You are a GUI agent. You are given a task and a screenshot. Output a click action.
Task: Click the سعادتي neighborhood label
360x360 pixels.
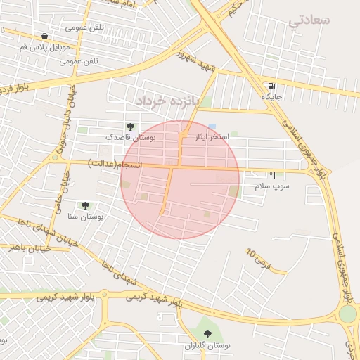point(309,21)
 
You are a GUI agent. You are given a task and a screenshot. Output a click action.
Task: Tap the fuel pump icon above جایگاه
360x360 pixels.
point(271,86)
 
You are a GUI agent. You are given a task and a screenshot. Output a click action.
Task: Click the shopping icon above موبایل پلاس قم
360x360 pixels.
point(45,36)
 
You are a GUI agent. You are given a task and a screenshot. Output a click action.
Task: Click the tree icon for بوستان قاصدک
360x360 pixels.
point(130,127)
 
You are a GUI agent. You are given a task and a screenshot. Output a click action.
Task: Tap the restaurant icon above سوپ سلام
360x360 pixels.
point(272,175)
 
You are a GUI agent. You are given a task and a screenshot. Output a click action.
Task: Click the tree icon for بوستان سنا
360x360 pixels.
point(85,205)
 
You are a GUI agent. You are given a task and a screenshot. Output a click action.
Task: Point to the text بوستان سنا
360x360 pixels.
point(86,217)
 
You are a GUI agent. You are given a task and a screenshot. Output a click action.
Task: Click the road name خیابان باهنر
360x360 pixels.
point(27,247)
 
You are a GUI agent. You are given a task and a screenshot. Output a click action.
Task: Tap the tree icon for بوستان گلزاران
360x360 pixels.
point(207,333)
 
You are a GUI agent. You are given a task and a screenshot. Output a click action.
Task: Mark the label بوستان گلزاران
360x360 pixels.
point(207,345)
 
